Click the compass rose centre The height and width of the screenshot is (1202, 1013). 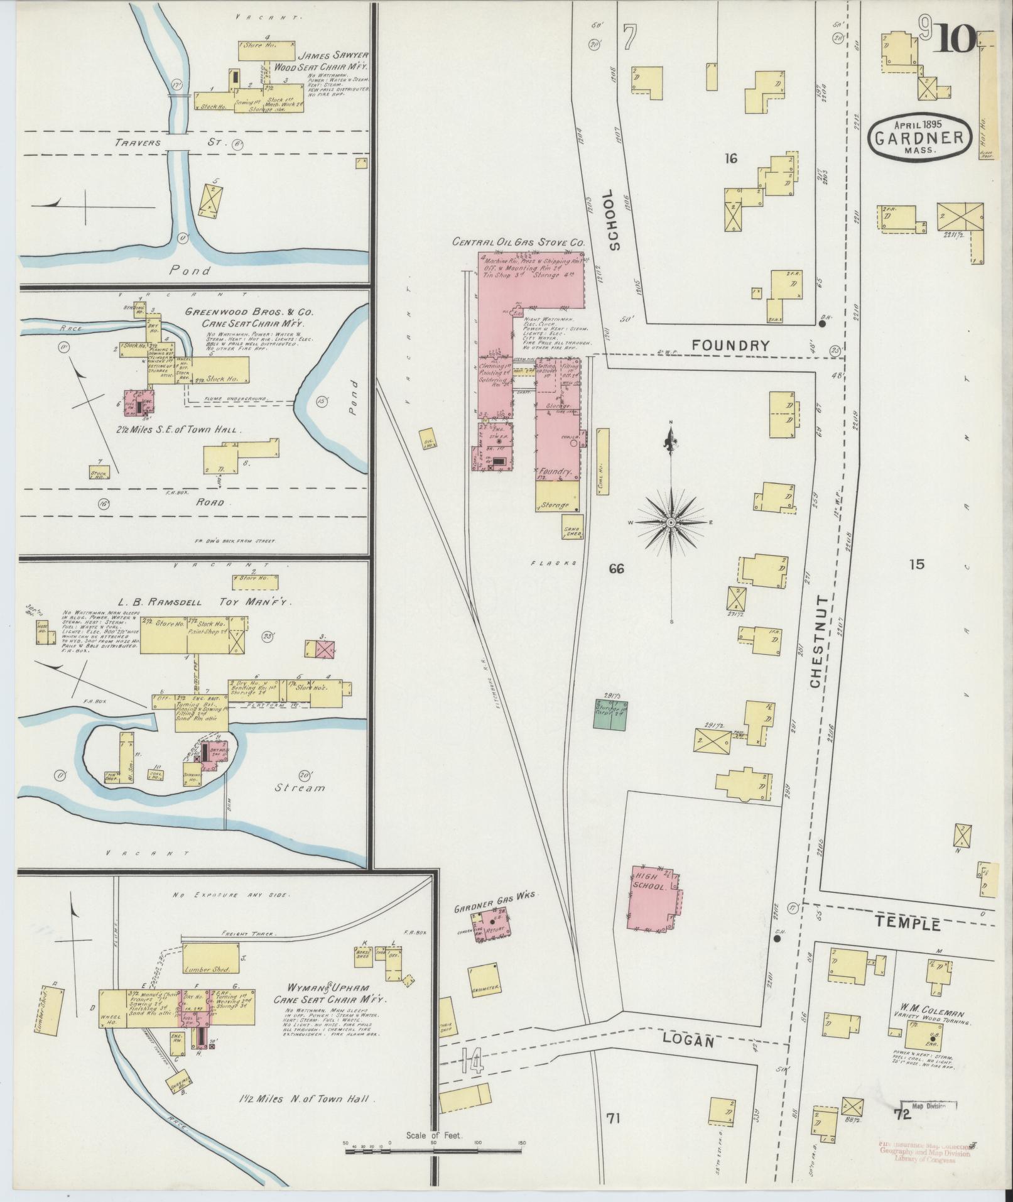pos(671,523)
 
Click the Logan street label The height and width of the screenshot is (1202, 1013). pos(689,1042)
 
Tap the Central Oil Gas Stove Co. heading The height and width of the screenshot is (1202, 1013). pos(519,242)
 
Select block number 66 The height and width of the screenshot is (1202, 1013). pos(616,569)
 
